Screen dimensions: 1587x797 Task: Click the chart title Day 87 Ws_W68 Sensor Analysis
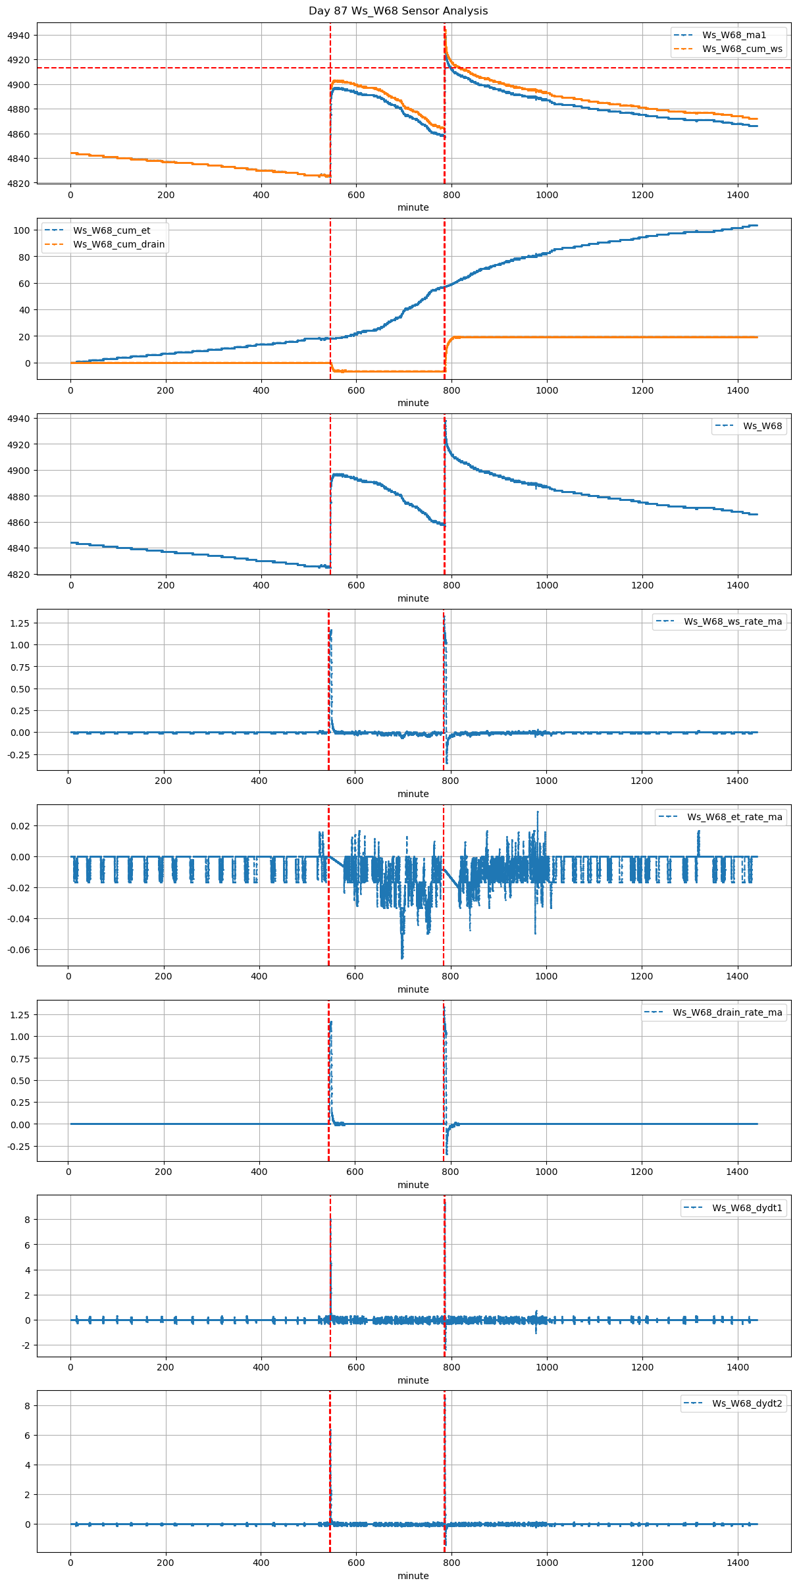point(398,11)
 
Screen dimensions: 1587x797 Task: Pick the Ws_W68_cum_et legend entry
point(111,230)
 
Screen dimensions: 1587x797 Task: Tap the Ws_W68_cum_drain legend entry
point(118,245)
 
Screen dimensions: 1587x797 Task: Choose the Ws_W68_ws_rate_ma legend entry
point(733,621)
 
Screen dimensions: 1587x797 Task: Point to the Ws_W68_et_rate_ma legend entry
point(734,817)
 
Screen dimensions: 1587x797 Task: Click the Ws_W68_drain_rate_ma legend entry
point(727,1012)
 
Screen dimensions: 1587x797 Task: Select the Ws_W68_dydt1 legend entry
point(747,1208)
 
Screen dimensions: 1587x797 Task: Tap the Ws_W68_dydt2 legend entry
point(747,1403)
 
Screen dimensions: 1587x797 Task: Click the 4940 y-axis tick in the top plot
point(18,36)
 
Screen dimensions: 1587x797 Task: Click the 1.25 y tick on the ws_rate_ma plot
point(20,623)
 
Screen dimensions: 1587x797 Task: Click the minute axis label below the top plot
point(413,207)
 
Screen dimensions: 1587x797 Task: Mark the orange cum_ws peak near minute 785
point(445,28)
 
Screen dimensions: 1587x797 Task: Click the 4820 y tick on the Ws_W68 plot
point(18,575)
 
